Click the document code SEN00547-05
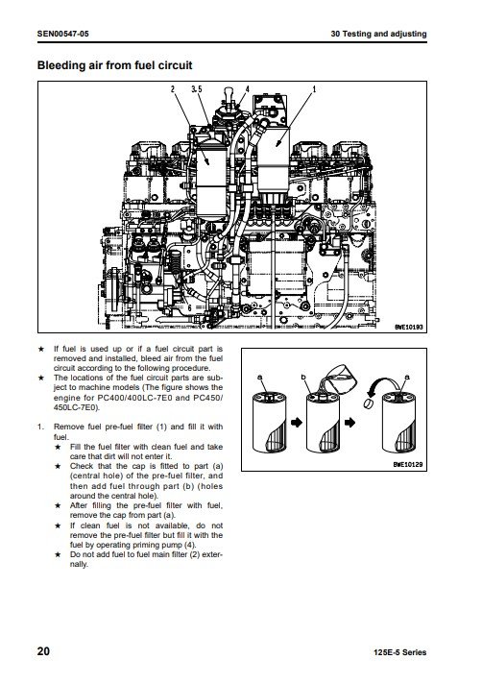62,34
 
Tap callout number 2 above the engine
173,89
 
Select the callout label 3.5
197,89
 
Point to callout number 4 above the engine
248,89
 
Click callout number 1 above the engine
314,89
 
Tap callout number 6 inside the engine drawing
189,307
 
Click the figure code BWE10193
408,327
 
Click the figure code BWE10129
408,465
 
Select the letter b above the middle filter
303,378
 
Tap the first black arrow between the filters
297,423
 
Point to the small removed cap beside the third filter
369,403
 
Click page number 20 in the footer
43,651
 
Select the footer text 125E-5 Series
400,652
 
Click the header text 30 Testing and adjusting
378,34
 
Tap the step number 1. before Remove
40,427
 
